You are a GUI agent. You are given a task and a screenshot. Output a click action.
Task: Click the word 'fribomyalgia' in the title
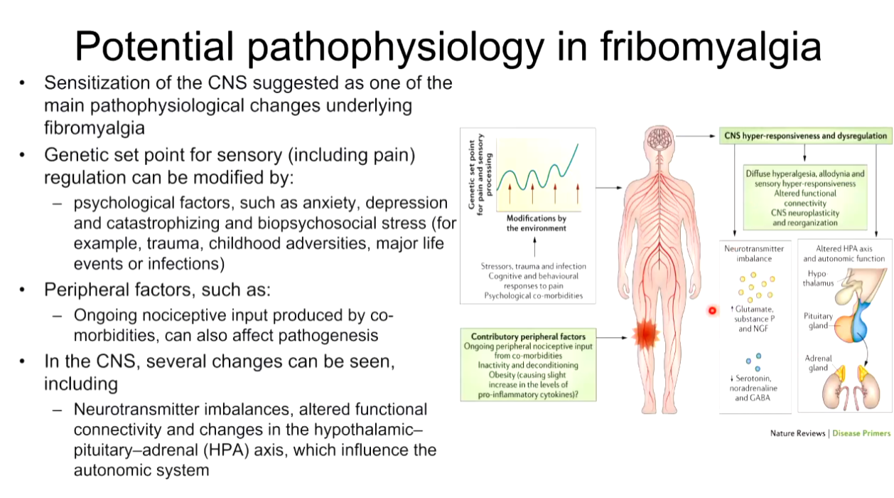(711, 47)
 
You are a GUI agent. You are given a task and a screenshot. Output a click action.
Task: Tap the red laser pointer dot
(712, 311)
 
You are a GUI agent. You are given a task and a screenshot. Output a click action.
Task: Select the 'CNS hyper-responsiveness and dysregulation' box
(805, 136)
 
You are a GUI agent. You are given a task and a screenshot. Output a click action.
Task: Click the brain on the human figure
(659, 139)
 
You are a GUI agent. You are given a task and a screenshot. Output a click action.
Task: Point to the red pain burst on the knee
(646, 334)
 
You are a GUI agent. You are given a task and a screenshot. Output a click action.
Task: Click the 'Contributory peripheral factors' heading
(528, 337)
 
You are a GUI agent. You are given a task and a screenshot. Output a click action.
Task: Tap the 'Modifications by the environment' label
(536, 223)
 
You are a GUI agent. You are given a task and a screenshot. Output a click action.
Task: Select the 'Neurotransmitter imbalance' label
(754, 253)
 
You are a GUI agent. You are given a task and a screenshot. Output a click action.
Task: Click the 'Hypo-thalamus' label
(818, 278)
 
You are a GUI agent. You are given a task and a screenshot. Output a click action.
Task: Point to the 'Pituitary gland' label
(818, 321)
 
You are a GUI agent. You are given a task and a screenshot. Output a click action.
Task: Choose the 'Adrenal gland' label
(818, 363)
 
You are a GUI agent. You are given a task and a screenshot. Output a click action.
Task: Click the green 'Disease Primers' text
(861, 433)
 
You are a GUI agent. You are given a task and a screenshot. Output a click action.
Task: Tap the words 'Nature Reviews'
(797, 433)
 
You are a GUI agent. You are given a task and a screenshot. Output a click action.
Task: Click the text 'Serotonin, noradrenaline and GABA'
(753, 388)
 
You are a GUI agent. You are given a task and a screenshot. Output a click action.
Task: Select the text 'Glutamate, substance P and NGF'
(753, 319)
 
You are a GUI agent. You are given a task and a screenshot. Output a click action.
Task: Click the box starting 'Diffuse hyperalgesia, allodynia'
(805, 197)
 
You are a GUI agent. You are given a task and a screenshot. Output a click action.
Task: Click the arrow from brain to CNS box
(695, 137)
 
